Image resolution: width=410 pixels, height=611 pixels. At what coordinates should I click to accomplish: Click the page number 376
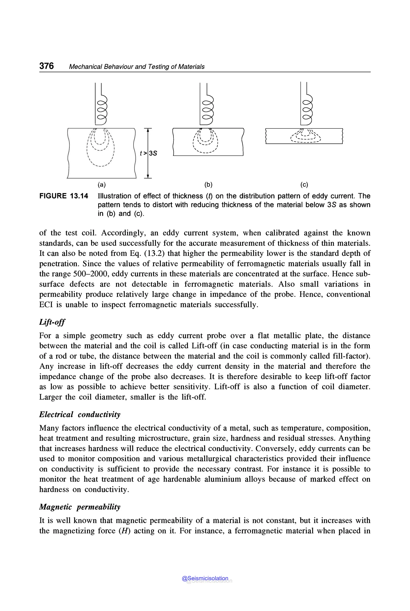46,66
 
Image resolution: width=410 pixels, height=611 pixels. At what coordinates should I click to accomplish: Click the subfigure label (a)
101,185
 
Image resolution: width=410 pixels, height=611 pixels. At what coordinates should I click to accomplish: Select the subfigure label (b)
208,185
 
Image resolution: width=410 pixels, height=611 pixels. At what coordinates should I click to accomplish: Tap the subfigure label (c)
304,185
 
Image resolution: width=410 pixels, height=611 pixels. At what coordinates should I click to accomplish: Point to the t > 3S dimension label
149,153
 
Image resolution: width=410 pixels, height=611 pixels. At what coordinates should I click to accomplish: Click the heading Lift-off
52,322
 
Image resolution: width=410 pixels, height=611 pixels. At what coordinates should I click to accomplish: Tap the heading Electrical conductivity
80,414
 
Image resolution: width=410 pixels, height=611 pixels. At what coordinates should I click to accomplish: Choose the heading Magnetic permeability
80,507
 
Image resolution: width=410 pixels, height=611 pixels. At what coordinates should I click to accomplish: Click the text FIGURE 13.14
64,196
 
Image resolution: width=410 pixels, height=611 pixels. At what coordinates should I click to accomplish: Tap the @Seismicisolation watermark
205,578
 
